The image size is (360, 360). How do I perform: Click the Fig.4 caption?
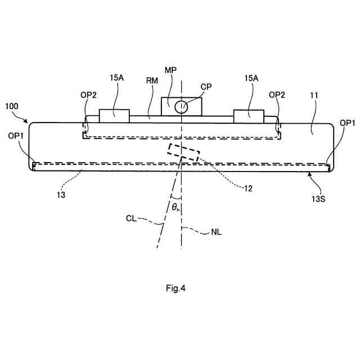175,289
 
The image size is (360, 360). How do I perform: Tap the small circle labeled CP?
181,107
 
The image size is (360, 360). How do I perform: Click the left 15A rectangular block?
114,115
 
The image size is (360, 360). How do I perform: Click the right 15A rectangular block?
248,116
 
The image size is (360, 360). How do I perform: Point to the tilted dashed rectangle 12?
183,152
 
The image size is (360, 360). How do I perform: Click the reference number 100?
12,106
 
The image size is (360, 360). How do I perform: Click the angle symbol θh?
176,207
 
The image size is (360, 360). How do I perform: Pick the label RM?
151,80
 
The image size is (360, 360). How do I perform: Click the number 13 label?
61,195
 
